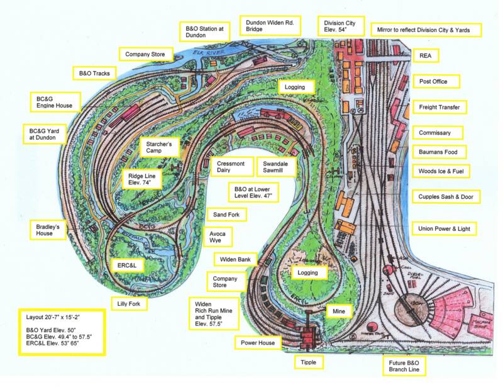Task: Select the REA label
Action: [426, 55]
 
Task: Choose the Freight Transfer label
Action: [443, 108]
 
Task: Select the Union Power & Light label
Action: [443, 228]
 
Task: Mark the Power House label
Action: [257, 343]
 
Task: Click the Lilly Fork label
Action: [129, 305]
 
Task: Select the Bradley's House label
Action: [52, 229]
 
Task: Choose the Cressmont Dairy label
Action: [229, 166]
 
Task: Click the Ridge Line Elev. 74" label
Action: [142, 179]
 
